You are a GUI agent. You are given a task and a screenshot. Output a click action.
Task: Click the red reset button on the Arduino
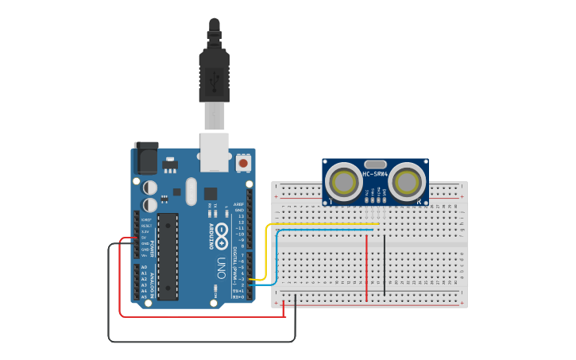[x=243, y=163]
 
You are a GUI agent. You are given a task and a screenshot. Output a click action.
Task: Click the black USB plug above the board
[x=214, y=75]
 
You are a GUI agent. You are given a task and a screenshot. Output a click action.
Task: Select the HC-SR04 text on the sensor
[x=375, y=174]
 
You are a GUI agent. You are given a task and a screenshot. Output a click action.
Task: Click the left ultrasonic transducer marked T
[x=345, y=182]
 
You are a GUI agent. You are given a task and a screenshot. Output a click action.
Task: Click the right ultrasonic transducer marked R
[x=406, y=182]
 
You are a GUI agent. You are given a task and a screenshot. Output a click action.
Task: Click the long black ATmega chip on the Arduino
[x=168, y=256]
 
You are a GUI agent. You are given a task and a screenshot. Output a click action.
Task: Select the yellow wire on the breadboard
[x=318, y=224]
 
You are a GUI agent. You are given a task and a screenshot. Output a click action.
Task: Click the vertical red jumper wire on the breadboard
[x=366, y=266]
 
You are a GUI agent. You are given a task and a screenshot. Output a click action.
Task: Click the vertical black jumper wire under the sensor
[x=385, y=262]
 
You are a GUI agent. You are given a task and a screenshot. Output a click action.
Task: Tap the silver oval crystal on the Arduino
[x=191, y=191]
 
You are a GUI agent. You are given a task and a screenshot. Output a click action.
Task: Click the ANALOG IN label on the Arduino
[x=152, y=283]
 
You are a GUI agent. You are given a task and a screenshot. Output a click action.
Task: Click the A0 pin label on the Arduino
[x=144, y=267]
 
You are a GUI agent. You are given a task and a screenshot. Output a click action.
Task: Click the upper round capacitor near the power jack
[x=149, y=188]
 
